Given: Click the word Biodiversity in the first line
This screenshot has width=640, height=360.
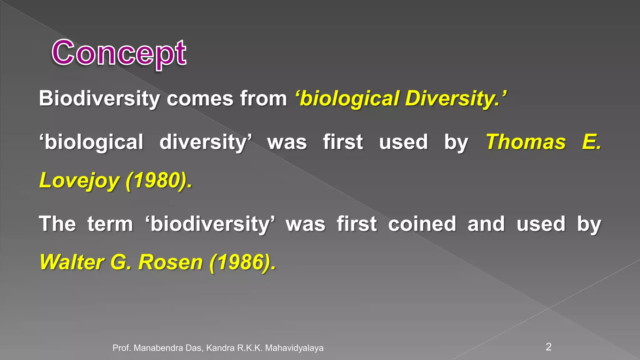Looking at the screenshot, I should click(x=99, y=99).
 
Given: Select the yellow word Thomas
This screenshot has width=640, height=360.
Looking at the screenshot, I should click(x=526, y=142).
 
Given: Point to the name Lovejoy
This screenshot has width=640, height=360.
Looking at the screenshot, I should click(x=79, y=181).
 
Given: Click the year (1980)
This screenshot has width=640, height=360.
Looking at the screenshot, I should click(x=159, y=181).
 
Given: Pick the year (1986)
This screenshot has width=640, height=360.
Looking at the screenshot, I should click(x=242, y=262).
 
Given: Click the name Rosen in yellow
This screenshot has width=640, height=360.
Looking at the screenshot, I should click(x=171, y=262).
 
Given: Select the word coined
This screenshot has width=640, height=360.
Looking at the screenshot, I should click(x=422, y=224).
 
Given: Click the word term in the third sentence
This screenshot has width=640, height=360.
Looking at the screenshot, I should click(x=110, y=224).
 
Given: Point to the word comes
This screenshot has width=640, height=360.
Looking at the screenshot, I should click(x=200, y=99).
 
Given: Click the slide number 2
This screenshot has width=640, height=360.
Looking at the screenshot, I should click(x=548, y=347).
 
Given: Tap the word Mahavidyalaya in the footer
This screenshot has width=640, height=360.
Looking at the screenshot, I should click(x=294, y=348).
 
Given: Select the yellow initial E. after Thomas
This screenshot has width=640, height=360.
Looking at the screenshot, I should click(x=592, y=142).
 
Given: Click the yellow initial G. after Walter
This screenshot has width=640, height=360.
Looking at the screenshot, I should click(x=121, y=262).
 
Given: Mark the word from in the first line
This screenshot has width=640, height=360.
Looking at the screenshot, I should click(x=263, y=99).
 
